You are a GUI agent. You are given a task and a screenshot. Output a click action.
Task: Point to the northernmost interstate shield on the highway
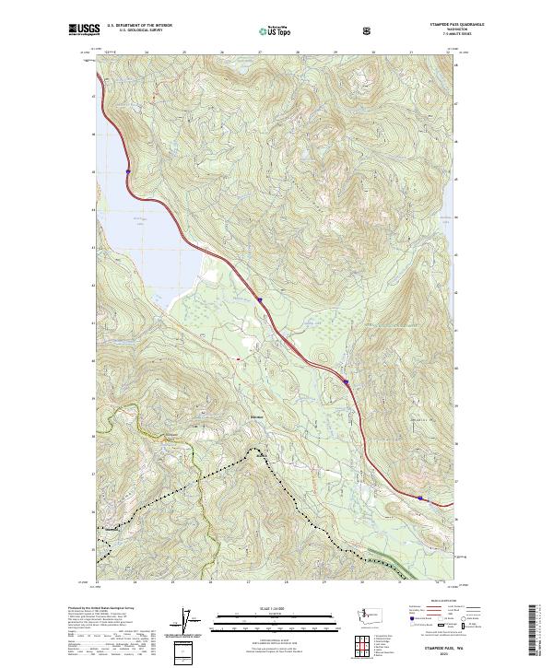pyautogui.click(x=128, y=170)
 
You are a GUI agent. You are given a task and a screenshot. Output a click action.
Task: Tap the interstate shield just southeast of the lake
pyautogui.click(x=260, y=299)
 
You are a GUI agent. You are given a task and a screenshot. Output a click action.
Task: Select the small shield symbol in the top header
pyautogui.click(x=369, y=30)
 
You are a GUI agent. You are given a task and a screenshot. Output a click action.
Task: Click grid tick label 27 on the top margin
pyautogui.click(x=260, y=52)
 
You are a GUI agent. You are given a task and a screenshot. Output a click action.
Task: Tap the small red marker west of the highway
pyautogui.click(x=238, y=359)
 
